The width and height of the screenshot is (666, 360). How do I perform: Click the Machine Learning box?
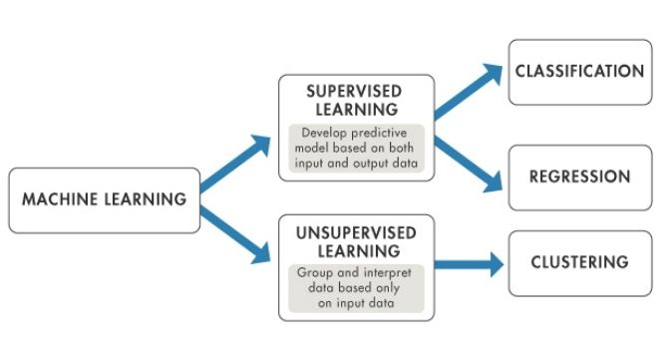[x=104, y=199]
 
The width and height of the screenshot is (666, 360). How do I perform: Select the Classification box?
[x=578, y=72]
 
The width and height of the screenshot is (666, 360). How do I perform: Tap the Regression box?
[x=578, y=178]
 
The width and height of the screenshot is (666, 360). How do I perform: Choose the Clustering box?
[x=578, y=263]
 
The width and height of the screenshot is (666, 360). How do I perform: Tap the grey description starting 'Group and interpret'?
[x=356, y=285]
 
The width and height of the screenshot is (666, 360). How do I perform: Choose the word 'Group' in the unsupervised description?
[x=315, y=271]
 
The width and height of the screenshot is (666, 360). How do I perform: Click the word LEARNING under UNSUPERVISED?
[x=356, y=249]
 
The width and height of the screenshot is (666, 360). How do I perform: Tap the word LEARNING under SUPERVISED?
[x=356, y=109]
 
